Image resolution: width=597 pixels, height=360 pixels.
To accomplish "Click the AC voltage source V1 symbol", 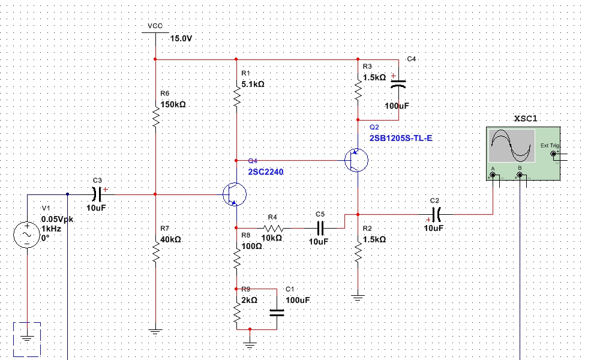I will [27, 234].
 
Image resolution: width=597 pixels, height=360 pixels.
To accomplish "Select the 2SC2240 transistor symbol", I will [233, 194].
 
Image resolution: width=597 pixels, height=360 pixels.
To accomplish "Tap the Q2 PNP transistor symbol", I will [356, 160].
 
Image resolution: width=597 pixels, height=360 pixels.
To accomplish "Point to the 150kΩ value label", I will [173, 104].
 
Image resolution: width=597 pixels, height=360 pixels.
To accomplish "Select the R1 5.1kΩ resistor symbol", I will [237, 96].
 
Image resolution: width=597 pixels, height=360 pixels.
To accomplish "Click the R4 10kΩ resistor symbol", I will [273, 228].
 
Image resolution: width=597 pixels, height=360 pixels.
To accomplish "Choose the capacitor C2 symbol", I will [436, 213].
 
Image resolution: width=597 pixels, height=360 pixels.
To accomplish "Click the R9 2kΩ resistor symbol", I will [237, 311].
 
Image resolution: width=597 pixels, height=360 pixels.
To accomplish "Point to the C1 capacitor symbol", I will [277, 311].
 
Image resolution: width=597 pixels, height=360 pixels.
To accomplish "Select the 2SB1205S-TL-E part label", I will [401, 138].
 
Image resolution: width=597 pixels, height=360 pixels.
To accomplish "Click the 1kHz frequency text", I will [51, 229].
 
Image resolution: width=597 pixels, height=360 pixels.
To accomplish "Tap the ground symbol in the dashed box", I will [27, 338].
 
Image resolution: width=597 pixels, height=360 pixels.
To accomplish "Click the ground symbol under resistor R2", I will [358, 296].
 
